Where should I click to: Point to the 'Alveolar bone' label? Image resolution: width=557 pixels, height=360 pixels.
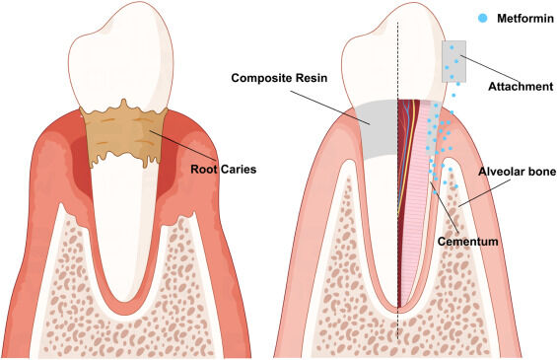(x=513, y=170)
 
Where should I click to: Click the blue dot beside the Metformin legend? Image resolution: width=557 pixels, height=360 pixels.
(x=478, y=17)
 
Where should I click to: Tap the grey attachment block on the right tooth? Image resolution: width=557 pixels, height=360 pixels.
(x=454, y=61)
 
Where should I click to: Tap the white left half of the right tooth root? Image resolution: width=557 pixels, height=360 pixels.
(x=380, y=217)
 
